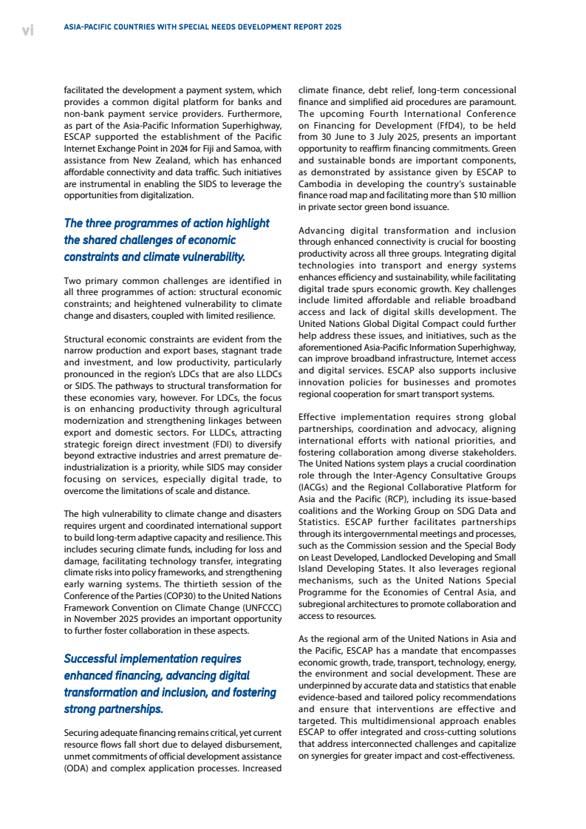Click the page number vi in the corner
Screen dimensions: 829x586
tap(27, 30)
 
